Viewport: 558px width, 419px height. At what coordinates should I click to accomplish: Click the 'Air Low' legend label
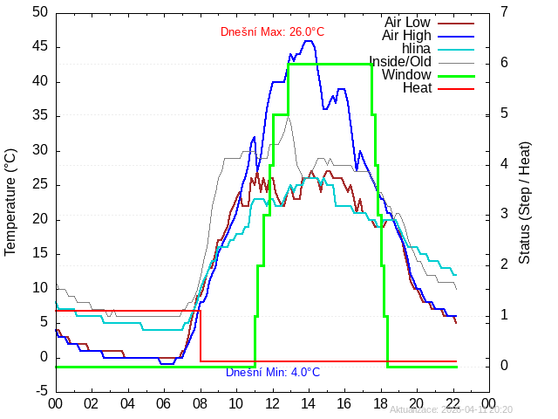[407, 22]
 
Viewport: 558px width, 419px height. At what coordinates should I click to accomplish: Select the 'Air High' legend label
[406, 35]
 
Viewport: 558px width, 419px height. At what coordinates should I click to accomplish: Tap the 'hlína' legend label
[416, 48]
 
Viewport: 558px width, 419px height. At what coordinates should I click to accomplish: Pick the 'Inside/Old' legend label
[399, 61]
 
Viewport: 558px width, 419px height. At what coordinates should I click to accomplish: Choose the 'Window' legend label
[406, 74]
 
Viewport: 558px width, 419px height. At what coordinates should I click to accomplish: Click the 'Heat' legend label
[417, 87]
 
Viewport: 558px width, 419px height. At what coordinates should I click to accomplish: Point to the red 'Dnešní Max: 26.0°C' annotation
[272, 32]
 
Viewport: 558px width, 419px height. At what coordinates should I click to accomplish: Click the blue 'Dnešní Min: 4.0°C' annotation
[272, 373]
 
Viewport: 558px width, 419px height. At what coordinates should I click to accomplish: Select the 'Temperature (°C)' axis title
[10, 201]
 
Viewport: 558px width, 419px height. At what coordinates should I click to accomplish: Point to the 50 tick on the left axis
[40, 12]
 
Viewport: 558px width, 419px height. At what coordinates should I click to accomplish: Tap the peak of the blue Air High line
[308, 41]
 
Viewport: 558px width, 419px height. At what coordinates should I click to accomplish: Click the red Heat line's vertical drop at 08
[201, 336]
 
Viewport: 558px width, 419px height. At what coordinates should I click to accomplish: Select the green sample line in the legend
[455, 76]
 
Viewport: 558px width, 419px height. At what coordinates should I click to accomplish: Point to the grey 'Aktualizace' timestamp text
[451, 409]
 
